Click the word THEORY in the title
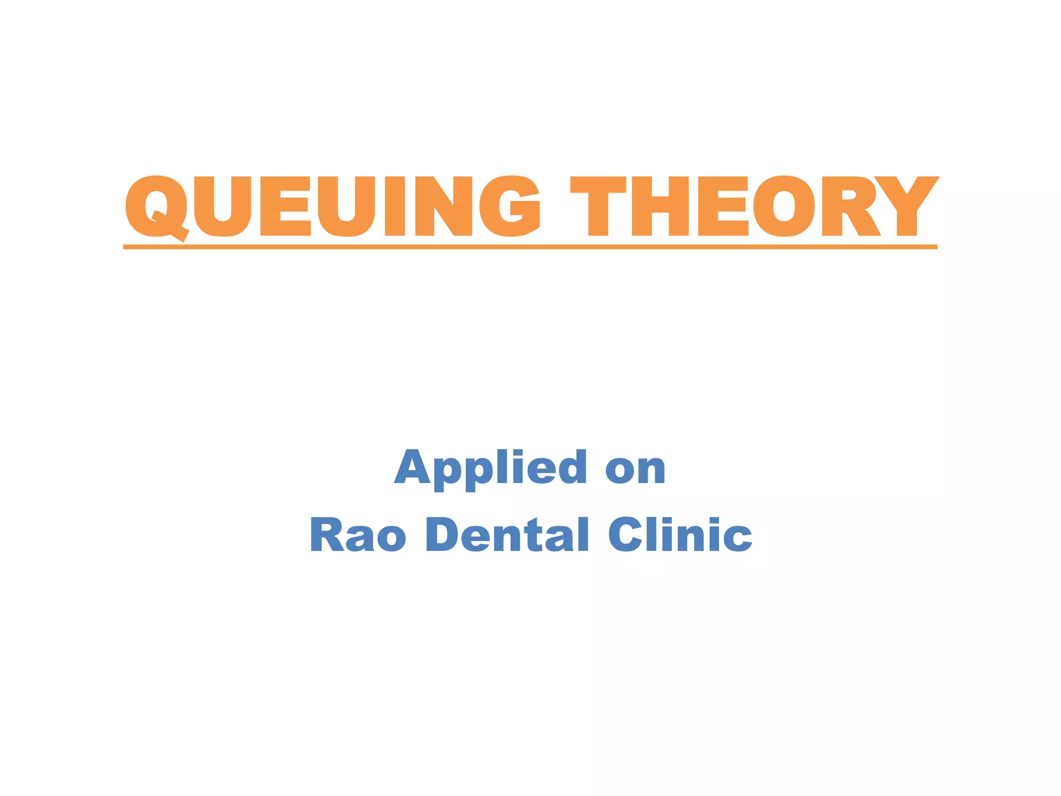[754, 206]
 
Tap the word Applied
[490, 468]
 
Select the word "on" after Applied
[635, 470]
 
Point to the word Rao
[357, 534]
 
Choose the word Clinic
[680, 534]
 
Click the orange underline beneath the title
[530, 247]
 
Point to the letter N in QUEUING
[443, 206]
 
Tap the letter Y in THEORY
[907, 206]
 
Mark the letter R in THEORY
[849, 206]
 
